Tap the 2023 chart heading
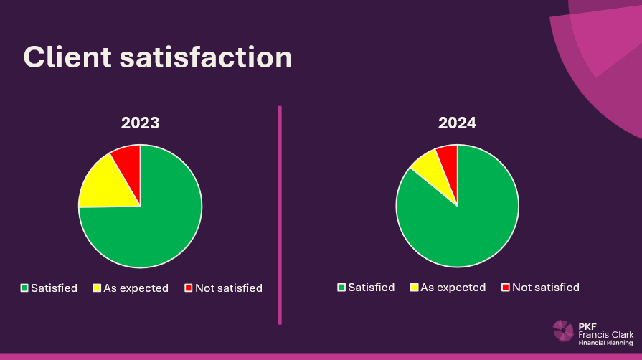click(140, 123)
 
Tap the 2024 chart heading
click(458, 123)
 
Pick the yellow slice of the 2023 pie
click(100, 183)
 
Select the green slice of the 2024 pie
click(466, 222)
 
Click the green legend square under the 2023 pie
click(24, 288)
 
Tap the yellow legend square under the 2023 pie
click(97, 288)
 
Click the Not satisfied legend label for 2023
click(229, 288)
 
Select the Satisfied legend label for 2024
click(371, 288)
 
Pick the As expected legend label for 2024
click(453, 288)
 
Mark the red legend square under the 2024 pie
click(505, 288)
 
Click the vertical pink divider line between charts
click(280, 215)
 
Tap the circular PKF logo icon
click(563, 331)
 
